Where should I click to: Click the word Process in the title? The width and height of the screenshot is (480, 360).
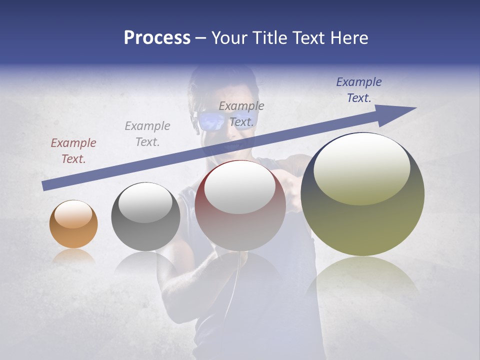click(157, 38)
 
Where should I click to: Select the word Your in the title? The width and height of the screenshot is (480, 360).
click(228, 38)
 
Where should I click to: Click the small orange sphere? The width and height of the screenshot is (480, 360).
click(73, 224)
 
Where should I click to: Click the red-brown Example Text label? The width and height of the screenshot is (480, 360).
click(73, 151)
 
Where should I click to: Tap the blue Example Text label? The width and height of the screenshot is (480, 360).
click(359, 90)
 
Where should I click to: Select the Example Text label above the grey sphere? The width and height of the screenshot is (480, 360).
click(147, 134)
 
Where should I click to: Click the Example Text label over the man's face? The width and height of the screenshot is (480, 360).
click(241, 114)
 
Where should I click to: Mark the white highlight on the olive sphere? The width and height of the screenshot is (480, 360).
click(361, 169)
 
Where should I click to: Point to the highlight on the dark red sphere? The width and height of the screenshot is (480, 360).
click(240, 188)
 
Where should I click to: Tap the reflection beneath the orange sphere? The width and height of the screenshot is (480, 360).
click(73, 255)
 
